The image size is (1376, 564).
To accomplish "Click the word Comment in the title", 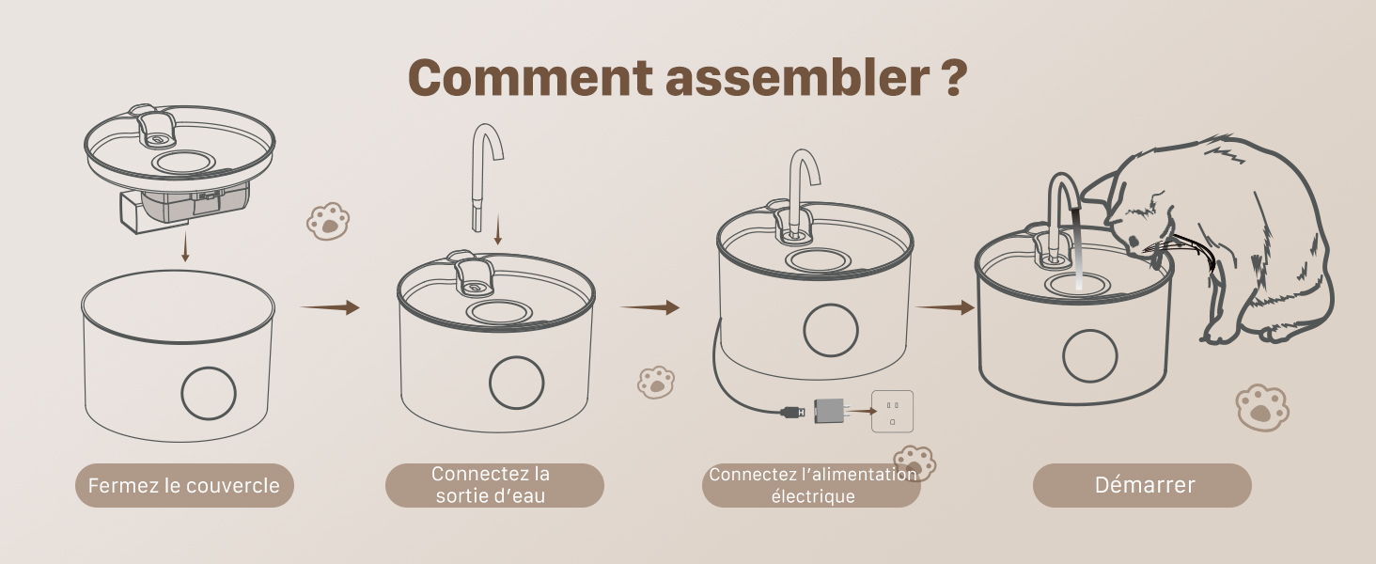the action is (530, 77).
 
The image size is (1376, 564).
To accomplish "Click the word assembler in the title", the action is (797, 77).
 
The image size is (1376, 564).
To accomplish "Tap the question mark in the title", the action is (954, 77).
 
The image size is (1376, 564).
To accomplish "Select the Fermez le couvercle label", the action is (184, 485).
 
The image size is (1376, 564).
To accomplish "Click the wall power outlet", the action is (892, 412).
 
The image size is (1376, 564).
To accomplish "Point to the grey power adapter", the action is (829, 411).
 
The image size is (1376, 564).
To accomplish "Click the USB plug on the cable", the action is (792, 412).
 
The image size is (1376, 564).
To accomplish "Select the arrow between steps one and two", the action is (330, 307).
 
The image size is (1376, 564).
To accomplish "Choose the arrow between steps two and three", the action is (649, 307).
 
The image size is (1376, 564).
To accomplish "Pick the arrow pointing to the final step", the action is (946, 307).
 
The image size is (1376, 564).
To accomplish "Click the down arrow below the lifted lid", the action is (185, 247).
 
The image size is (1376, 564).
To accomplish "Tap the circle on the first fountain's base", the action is (209, 393).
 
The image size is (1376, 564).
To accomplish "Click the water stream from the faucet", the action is (1077, 249).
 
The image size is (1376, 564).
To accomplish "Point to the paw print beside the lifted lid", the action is (328, 221).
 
